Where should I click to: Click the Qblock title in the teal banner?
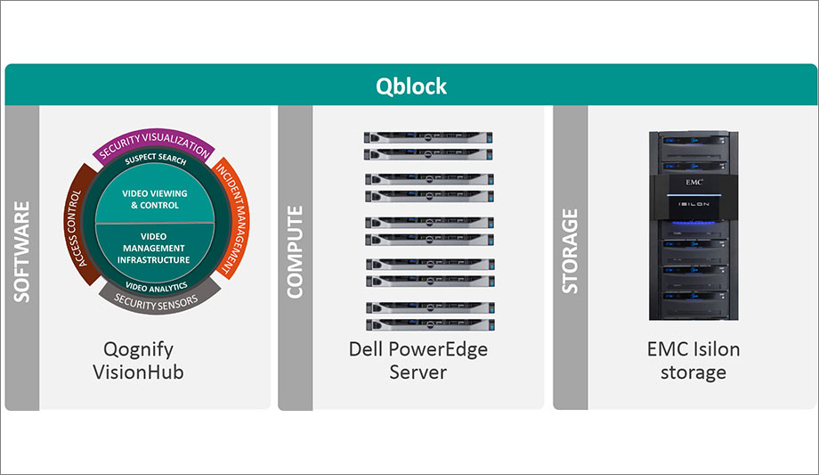409,86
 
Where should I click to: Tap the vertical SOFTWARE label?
21,251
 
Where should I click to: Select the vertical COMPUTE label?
295,251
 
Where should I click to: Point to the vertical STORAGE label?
570,251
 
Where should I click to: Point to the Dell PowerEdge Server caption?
418,360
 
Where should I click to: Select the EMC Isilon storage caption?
693,360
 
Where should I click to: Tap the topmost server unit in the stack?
429,138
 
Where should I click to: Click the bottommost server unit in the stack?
429,323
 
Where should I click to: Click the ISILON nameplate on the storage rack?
693,203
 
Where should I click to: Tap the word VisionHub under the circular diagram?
138,372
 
